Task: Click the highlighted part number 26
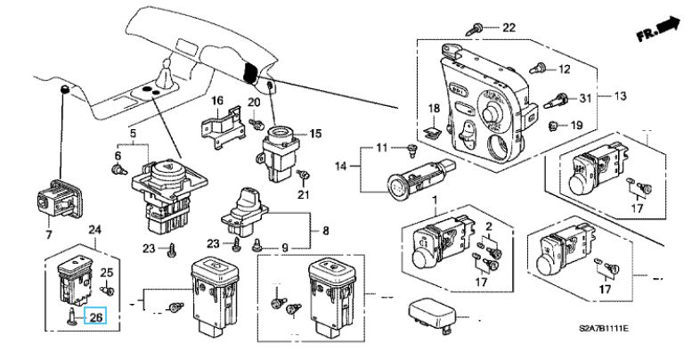(x=96, y=316)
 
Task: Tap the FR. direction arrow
(x=658, y=29)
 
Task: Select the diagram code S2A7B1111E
(x=604, y=328)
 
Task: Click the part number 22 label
(x=509, y=28)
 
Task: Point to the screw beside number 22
(x=474, y=29)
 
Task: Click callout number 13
(x=620, y=96)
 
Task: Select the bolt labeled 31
(x=557, y=101)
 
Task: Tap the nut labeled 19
(x=552, y=127)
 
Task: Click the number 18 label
(x=435, y=108)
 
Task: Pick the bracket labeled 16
(x=224, y=127)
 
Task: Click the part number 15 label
(x=315, y=133)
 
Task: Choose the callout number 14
(x=341, y=166)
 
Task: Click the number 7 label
(x=49, y=234)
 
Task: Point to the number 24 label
(x=95, y=229)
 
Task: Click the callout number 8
(x=326, y=231)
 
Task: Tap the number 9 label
(x=285, y=249)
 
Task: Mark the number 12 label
(x=564, y=70)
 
